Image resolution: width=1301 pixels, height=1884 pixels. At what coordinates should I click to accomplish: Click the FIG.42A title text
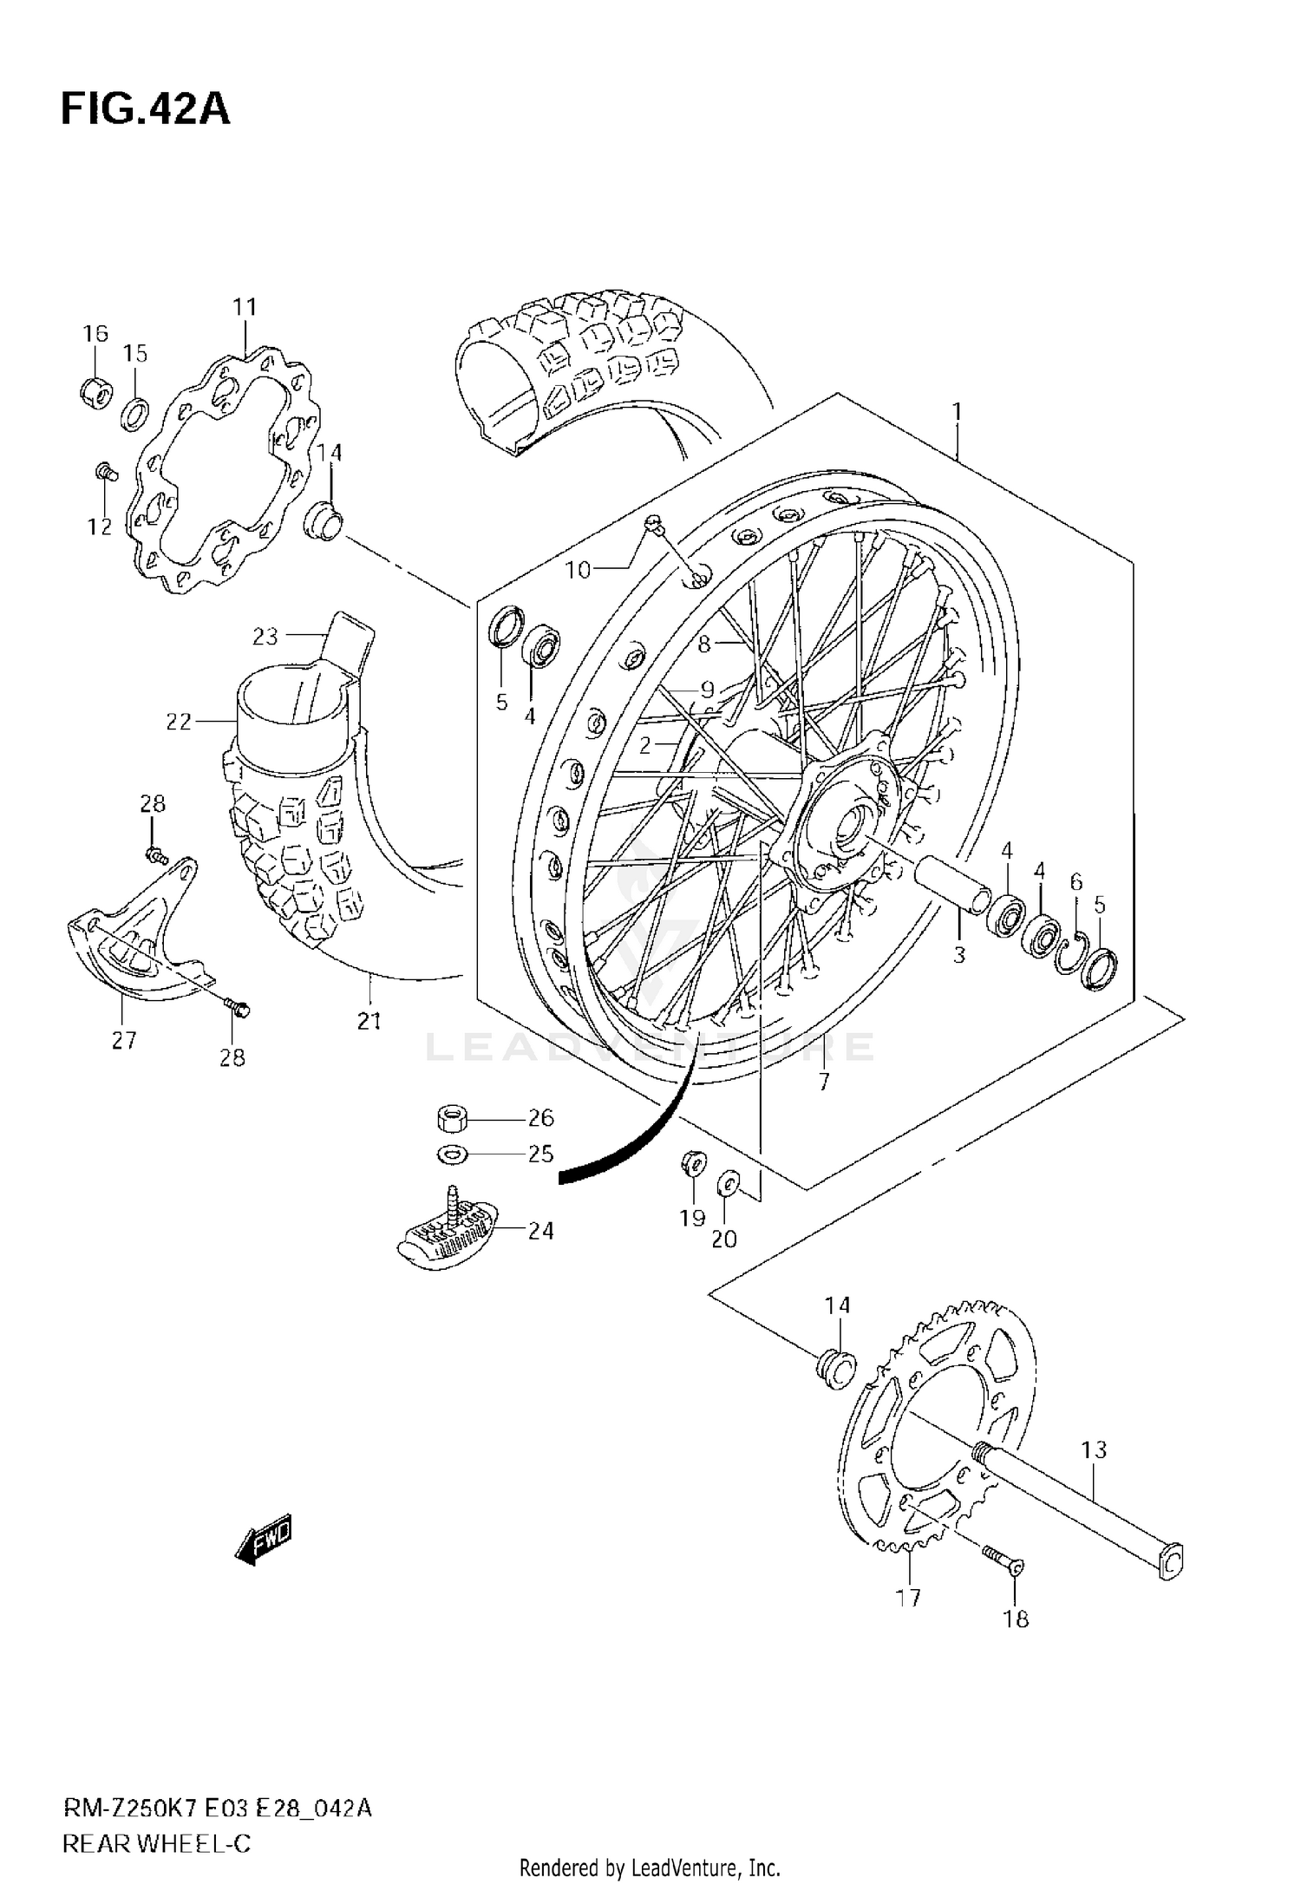pyautogui.click(x=145, y=110)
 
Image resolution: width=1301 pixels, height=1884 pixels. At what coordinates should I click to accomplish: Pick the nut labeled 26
pyautogui.click(x=452, y=1118)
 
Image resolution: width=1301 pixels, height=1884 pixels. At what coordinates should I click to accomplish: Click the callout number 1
pyautogui.click(x=957, y=413)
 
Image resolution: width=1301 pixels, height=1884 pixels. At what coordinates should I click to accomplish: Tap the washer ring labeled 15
pyautogui.click(x=134, y=415)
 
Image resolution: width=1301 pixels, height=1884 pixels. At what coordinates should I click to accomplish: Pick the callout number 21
pyautogui.click(x=369, y=1021)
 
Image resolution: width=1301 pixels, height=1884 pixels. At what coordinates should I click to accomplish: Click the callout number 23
pyautogui.click(x=265, y=637)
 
